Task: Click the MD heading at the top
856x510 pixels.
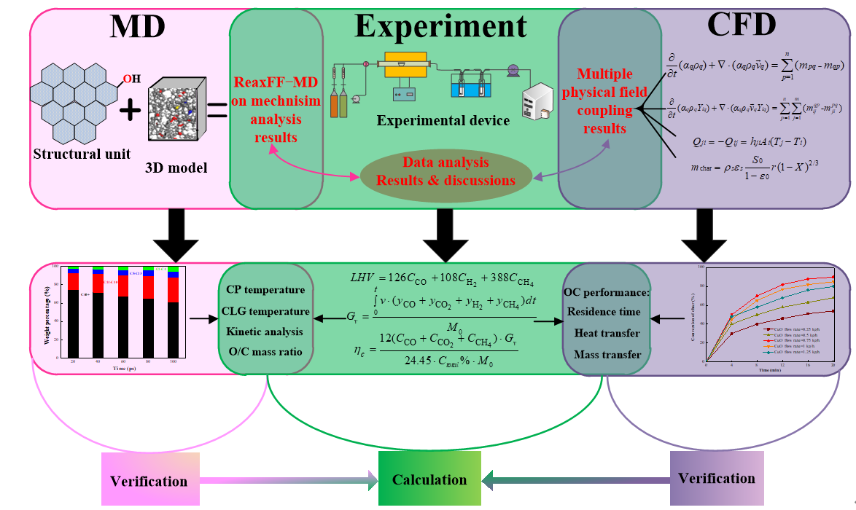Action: [x=138, y=26]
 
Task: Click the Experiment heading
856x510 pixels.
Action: [x=440, y=26]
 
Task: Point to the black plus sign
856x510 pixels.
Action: [x=131, y=111]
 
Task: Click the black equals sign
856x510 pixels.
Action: [x=217, y=111]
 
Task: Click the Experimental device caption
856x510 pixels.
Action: [x=443, y=120]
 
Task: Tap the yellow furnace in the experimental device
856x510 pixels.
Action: [x=405, y=65]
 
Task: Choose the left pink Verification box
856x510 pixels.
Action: [x=149, y=481]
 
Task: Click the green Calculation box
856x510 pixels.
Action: [x=429, y=479]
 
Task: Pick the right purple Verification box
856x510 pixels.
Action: [x=717, y=478]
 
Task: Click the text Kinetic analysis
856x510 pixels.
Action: [x=265, y=331]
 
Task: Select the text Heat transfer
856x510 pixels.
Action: [x=607, y=333]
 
